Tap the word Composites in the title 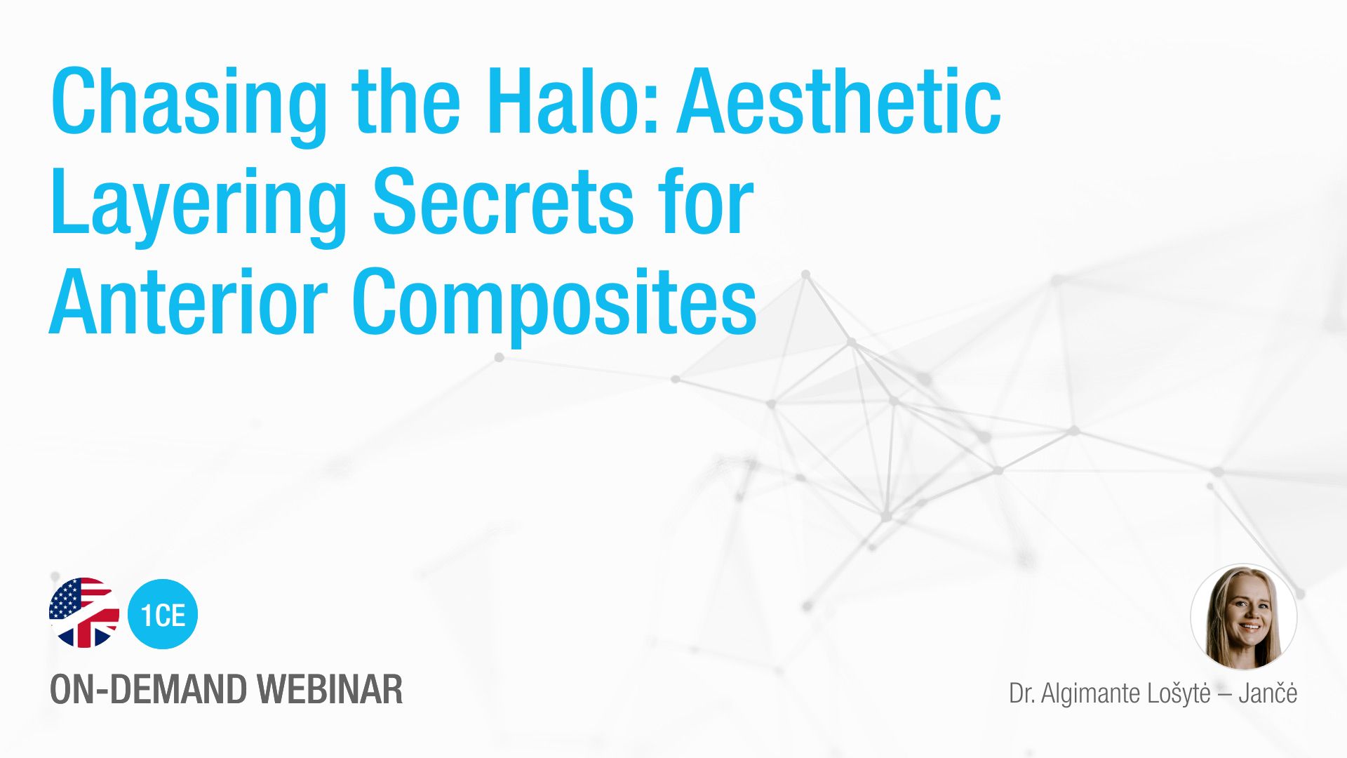tap(554, 305)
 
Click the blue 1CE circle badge tap(163, 614)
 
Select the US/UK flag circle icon tap(84, 613)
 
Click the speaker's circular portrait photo tap(1244, 617)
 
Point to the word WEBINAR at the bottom tap(329, 689)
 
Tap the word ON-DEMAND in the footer tap(148, 689)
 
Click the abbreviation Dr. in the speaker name tap(1021, 693)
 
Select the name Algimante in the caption tap(1091, 694)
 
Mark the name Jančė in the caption tap(1268, 693)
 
